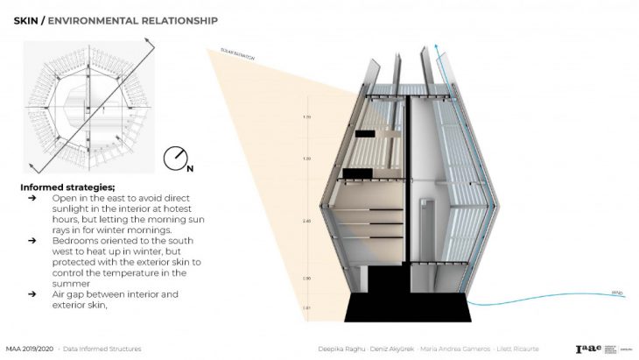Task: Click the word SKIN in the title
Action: (27, 19)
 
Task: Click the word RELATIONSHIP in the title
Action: (179, 19)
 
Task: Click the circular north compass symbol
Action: (175, 159)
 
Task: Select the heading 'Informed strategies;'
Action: (67, 187)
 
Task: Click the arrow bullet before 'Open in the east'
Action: (32, 198)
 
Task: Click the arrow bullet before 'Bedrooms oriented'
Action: (32, 238)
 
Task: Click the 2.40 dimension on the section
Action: (307, 222)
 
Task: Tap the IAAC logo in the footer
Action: (588, 347)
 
